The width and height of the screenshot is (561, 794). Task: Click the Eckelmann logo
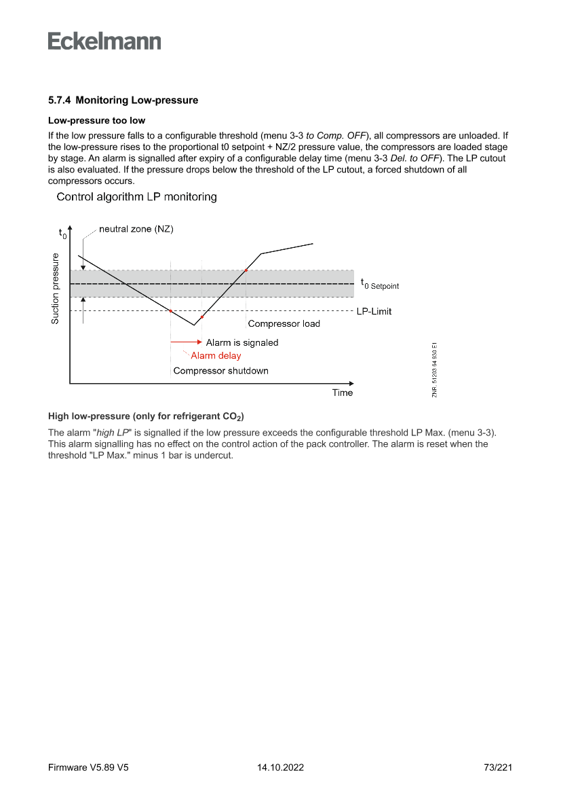pyautogui.click(x=104, y=41)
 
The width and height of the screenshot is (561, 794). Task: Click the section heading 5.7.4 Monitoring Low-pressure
pyautogui.click(x=123, y=101)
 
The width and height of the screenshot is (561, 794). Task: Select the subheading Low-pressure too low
pyautogui.click(x=96, y=121)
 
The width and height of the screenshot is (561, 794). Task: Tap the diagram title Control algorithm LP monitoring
pyautogui.click(x=136, y=197)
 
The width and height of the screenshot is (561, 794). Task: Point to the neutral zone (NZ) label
pyautogui.click(x=136, y=230)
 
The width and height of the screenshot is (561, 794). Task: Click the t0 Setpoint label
pyautogui.click(x=380, y=285)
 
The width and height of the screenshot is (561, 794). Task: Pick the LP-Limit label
pyautogui.click(x=374, y=312)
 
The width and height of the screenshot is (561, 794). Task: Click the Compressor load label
pyautogui.click(x=284, y=324)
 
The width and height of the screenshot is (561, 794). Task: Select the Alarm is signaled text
pyautogui.click(x=242, y=343)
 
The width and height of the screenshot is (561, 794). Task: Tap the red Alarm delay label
pyautogui.click(x=216, y=355)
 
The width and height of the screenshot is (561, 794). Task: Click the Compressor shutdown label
pyautogui.click(x=220, y=371)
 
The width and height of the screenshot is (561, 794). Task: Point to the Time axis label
pyautogui.click(x=342, y=393)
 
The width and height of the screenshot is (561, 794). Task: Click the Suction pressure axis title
pyautogui.click(x=56, y=288)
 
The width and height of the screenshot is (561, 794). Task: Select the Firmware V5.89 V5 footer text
pyautogui.click(x=88, y=768)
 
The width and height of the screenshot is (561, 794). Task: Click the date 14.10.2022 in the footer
pyautogui.click(x=280, y=768)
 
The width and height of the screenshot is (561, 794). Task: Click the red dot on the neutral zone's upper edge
pyautogui.click(x=246, y=270)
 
